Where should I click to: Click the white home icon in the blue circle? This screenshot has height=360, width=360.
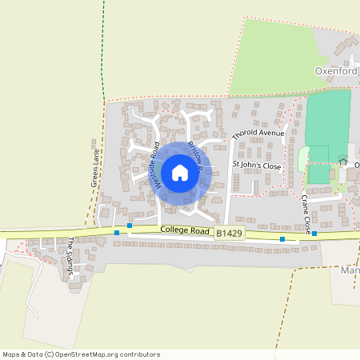(x=180, y=172)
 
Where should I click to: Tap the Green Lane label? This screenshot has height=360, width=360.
(x=94, y=168)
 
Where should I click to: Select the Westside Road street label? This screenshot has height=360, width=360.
(x=157, y=171)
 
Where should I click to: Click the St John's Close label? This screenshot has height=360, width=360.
(x=257, y=166)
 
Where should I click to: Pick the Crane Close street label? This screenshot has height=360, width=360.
(x=306, y=214)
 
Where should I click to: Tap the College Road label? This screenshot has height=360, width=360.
(x=185, y=230)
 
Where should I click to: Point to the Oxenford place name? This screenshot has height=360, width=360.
(x=336, y=71)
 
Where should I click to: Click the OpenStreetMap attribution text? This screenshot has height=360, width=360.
(x=81, y=354)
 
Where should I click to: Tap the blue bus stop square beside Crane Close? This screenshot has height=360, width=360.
(x=314, y=234)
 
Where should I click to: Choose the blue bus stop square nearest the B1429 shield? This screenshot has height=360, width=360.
(x=282, y=238)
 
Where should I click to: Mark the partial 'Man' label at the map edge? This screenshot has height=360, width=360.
(x=350, y=270)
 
